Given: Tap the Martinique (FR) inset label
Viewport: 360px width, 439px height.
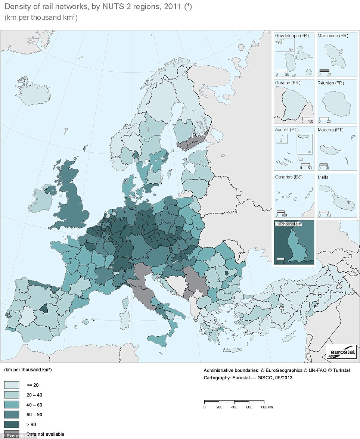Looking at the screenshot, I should pos(332,35).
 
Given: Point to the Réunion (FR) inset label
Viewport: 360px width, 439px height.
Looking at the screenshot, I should pos(330,82).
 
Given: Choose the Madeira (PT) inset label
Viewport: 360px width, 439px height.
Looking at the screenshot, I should pos(330,130).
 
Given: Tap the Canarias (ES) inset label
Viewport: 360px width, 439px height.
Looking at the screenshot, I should pos(289,177).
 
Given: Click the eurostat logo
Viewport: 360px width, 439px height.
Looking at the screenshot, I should pos(342,352).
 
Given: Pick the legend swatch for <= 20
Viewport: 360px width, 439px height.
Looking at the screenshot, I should pos(11,384).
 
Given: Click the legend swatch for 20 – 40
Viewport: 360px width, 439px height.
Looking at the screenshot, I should pos(11,395).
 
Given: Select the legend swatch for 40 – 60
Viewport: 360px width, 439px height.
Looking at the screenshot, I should pos(11,404).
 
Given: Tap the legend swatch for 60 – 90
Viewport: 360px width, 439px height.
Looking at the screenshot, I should pos(11,414).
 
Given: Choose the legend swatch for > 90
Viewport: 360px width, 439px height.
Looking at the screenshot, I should pos(11,424).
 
